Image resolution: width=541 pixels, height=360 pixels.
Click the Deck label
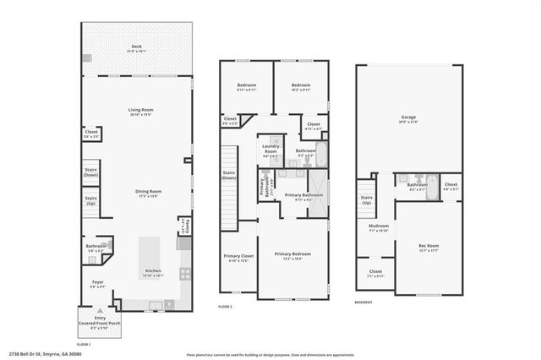136,47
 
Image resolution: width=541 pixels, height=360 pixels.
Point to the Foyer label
99,284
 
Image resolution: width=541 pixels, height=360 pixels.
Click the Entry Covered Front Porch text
89,321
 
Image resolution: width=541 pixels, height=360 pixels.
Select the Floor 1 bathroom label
96,248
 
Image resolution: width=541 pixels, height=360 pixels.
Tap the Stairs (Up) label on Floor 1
90,202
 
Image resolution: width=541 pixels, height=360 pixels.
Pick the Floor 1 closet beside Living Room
91,134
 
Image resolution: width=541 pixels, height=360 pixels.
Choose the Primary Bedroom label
292,255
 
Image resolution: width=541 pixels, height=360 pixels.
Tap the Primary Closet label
238,258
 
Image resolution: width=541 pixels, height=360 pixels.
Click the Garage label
408,119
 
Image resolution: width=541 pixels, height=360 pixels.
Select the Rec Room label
429,248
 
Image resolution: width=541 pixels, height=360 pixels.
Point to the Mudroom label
378,228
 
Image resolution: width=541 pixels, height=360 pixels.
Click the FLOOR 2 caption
225,306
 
